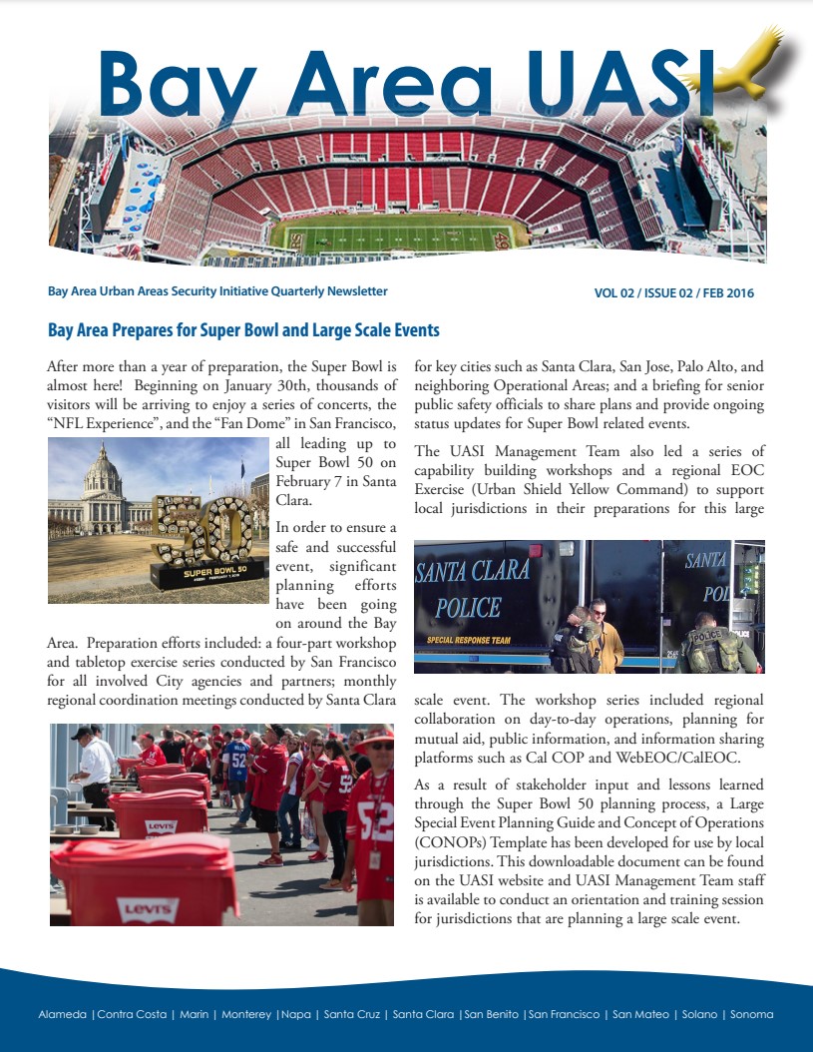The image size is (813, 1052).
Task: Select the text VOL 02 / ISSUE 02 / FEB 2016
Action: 673,293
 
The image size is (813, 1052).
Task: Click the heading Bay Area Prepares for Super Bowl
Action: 243,330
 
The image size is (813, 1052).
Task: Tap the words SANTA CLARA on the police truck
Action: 472,573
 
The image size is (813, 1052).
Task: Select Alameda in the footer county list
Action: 63,1014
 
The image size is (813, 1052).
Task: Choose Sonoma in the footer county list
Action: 751,1014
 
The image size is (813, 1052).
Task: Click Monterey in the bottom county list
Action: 245,1014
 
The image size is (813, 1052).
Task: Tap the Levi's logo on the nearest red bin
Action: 147,908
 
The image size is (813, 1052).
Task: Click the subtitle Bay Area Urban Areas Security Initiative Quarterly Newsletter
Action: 217,291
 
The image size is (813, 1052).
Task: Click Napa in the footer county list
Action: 296,1014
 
